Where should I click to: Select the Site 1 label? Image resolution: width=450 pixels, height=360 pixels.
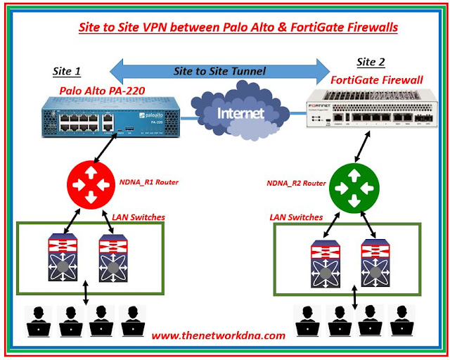(x=67, y=71)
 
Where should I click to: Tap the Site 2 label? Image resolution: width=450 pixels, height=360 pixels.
(x=372, y=64)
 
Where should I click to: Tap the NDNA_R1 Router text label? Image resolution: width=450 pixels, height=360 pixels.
(x=148, y=182)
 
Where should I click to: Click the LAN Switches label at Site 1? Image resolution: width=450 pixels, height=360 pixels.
(x=139, y=217)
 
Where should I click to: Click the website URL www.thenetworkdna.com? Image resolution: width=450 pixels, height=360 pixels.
(x=218, y=335)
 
